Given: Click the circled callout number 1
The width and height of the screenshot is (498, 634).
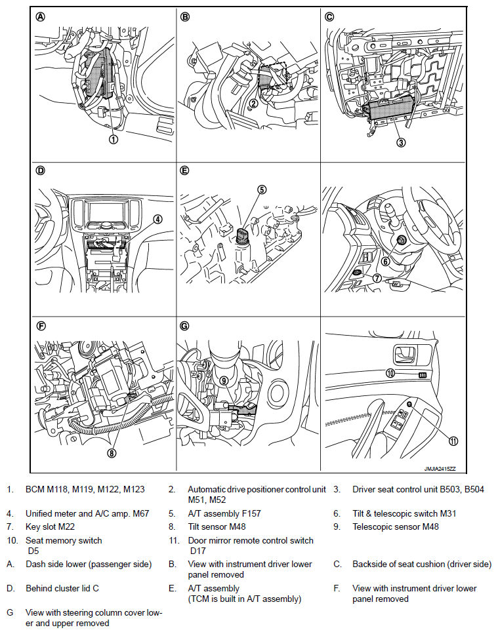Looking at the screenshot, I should [x=114, y=139].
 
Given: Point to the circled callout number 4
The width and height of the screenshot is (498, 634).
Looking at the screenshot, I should [x=157, y=219].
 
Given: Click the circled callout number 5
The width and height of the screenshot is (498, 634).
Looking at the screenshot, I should [x=262, y=190].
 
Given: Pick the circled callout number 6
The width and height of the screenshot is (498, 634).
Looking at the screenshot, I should [x=386, y=260].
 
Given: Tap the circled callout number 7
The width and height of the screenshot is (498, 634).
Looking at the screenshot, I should [x=377, y=277].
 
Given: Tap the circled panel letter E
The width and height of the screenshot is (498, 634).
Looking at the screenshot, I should [x=184, y=170].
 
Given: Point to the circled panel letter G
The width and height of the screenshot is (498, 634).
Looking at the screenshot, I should [x=184, y=325].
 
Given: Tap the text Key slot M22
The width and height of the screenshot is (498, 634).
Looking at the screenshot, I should [x=52, y=526].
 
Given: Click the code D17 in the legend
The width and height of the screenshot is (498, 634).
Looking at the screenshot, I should [x=197, y=551].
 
